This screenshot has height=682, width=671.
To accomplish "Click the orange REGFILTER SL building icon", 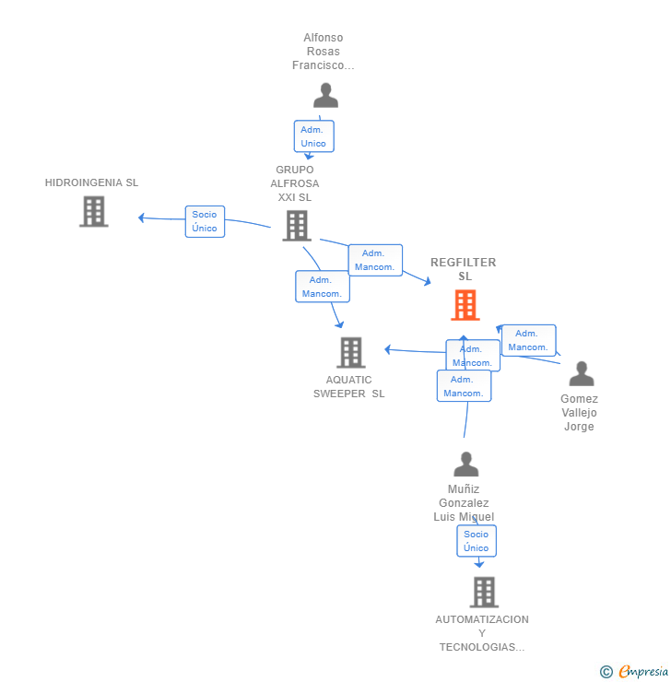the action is click(465, 305).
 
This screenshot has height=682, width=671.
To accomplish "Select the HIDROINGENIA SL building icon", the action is click(93, 211).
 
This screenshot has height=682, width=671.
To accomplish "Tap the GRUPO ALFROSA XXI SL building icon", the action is click(297, 225).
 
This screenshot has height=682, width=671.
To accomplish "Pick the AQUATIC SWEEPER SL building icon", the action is click(351, 352).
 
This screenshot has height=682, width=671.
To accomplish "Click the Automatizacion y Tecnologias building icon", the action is click(484, 592).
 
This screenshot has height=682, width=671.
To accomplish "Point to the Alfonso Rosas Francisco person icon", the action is click(325, 95).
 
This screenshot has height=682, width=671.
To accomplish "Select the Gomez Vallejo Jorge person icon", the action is click(582, 373).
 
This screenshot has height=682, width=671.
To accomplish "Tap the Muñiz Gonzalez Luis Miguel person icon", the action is click(465, 464).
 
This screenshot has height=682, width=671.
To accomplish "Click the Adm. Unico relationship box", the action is click(314, 136).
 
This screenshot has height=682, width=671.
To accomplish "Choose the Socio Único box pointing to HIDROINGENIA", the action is click(205, 221).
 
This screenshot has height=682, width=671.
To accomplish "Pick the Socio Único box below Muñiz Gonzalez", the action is click(477, 541).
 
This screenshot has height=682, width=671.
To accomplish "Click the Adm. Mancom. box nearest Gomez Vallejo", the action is click(528, 340).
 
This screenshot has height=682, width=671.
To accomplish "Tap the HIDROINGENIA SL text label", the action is click(92, 182).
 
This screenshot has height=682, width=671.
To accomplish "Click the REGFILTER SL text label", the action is click(464, 269).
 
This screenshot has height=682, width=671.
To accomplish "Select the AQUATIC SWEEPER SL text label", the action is click(348, 387).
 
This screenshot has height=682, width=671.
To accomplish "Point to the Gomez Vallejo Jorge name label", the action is click(579, 412).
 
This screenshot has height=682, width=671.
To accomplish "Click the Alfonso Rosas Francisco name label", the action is click(324, 52).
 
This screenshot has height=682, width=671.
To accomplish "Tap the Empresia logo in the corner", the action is click(643, 671).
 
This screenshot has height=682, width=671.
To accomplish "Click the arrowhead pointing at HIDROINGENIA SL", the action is click(141, 218).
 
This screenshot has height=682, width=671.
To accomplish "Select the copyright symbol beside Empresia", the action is click(606, 672).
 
